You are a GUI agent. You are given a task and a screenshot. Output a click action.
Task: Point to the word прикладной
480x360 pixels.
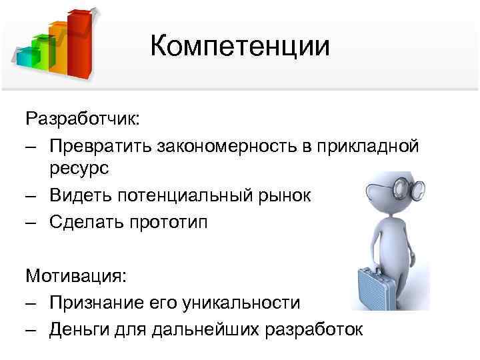coord(365,146)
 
